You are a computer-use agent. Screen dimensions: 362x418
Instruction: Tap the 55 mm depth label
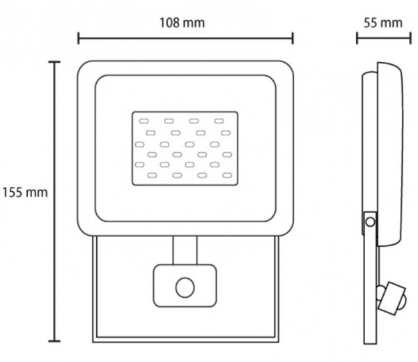382,22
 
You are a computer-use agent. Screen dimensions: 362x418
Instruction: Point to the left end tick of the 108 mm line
78,38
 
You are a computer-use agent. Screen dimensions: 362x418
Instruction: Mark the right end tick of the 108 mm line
293,38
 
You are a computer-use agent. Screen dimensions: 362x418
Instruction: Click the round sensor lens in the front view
185,286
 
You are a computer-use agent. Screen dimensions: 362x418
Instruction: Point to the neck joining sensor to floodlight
185,249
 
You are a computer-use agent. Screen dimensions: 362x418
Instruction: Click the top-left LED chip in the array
148,121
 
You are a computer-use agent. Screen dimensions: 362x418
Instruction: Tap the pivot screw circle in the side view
371,223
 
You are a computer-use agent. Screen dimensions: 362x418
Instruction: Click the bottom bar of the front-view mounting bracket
185,340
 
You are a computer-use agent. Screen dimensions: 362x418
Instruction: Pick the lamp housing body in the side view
391,153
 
